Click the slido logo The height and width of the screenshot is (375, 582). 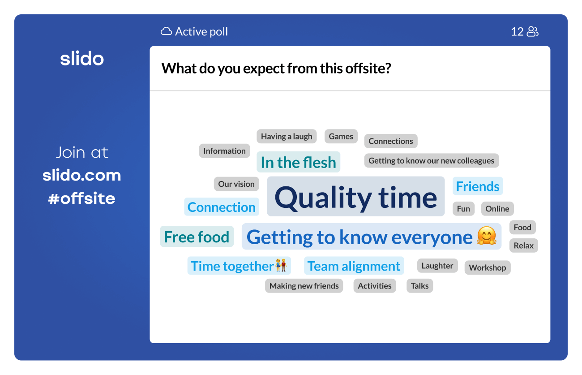click(x=82, y=58)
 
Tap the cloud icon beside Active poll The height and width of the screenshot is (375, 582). click(x=166, y=31)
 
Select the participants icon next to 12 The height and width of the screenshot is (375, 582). click(x=532, y=32)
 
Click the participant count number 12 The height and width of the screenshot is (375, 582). click(x=517, y=32)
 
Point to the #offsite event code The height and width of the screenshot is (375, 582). click(x=81, y=198)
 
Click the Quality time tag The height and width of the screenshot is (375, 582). click(x=356, y=196)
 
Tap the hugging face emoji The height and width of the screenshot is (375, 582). click(x=487, y=236)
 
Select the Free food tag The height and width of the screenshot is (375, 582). click(x=197, y=237)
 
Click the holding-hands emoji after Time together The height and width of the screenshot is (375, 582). click(x=281, y=265)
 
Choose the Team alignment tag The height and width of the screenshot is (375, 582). click(x=354, y=266)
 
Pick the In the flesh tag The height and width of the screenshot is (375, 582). click(x=298, y=162)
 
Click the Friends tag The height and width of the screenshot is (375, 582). click(x=478, y=186)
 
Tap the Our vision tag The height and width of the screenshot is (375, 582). click(x=236, y=184)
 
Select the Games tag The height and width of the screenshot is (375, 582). click(x=341, y=136)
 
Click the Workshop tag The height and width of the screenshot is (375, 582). click(x=488, y=267)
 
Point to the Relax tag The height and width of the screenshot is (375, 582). click(x=523, y=246)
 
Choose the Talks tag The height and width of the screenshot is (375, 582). click(x=419, y=286)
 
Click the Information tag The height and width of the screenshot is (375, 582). click(x=224, y=151)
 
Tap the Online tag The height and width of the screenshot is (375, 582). click(x=497, y=209)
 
